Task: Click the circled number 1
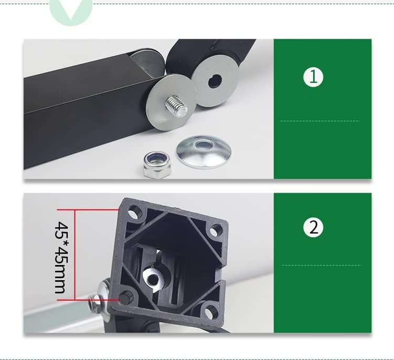coord(314,77)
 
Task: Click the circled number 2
coord(314,228)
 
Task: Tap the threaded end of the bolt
coord(178,108)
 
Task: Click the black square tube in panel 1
coord(79,115)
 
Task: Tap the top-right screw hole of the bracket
coord(215,230)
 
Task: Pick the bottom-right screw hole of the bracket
coord(210,314)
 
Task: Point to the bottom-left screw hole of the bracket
coord(126,298)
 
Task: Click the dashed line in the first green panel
coord(320,121)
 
